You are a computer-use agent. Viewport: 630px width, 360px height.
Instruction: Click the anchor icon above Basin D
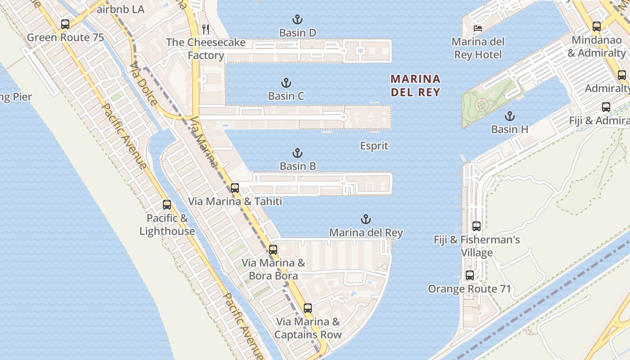coord(297,19)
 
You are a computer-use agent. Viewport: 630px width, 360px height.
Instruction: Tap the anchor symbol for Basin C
coord(286,83)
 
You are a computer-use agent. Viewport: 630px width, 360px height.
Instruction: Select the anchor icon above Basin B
coord(297,153)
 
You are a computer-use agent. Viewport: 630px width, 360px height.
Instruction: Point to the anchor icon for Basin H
coord(509,116)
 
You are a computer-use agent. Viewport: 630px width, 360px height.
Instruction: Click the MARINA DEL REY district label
coord(415,85)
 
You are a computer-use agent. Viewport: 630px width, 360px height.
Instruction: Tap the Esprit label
coord(374,146)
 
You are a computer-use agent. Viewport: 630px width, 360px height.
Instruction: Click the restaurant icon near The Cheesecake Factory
coord(206,29)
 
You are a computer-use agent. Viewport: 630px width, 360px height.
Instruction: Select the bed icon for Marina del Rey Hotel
coord(477,28)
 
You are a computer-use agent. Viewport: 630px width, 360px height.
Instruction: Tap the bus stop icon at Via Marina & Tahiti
coord(234,188)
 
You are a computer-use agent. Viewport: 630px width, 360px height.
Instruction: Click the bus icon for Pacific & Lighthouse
coord(167,205)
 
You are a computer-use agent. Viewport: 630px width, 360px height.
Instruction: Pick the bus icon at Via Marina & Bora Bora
coord(273,249)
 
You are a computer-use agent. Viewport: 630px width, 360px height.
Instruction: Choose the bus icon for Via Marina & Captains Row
coord(308,308)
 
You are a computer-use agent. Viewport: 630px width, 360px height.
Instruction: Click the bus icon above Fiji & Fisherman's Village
coord(477,226)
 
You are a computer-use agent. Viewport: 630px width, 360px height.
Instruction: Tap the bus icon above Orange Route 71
coord(470,275)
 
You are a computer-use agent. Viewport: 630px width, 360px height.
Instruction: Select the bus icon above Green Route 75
coord(65,24)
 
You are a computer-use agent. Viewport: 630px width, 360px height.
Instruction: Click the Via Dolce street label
coord(143,84)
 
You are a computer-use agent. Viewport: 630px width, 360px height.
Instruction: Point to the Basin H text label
coord(509,129)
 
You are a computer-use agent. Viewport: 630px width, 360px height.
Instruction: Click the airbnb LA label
coord(120,9)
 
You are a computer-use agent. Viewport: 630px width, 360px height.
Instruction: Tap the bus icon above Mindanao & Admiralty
coord(597,27)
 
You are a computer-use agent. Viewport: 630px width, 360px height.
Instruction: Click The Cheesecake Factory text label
coord(206,49)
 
